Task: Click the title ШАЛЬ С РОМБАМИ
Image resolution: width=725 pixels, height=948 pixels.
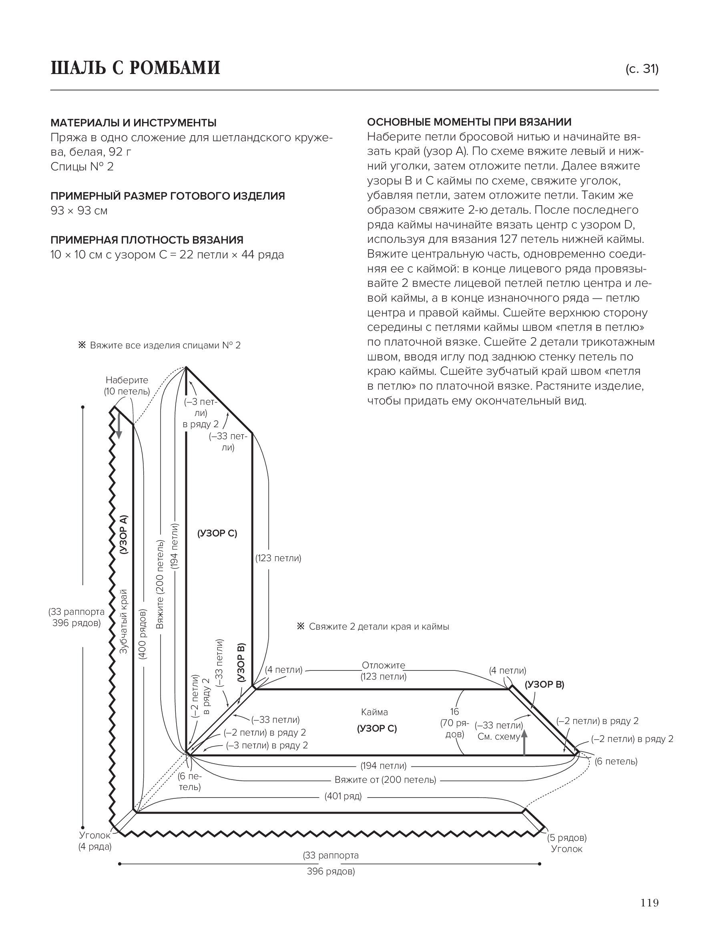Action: click(x=135, y=68)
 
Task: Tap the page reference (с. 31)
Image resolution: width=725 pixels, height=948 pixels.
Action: click(x=642, y=69)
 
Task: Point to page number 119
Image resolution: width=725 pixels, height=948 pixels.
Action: click(x=649, y=914)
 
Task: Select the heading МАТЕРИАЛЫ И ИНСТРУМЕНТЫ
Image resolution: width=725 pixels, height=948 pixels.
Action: click(x=133, y=123)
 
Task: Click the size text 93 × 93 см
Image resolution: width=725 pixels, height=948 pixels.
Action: click(x=79, y=211)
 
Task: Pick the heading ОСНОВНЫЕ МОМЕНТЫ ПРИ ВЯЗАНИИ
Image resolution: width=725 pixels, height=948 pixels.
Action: click(x=469, y=122)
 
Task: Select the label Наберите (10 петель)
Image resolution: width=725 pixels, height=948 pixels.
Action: click(x=127, y=386)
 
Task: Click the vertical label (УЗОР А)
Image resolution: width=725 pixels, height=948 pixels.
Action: click(x=124, y=534)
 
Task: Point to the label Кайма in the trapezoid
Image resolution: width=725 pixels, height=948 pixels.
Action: click(x=375, y=712)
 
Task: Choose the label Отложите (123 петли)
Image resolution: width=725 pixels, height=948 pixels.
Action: click(x=384, y=671)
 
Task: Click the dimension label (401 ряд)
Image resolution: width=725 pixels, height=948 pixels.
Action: click(x=343, y=796)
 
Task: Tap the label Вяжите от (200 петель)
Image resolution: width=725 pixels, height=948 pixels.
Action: click(x=386, y=780)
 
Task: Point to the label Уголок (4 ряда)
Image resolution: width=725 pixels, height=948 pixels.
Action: click(x=95, y=841)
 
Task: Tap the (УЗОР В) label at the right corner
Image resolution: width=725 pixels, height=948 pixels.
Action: click(x=544, y=684)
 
